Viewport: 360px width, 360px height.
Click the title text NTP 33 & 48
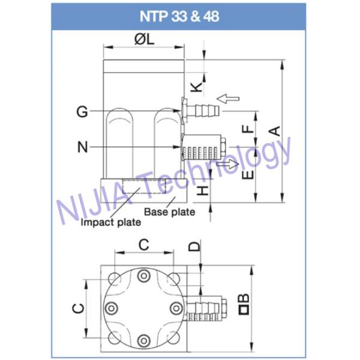(x=180, y=16)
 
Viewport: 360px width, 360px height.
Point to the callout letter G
(x=83, y=111)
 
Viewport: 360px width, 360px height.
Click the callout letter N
(x=83, y=146)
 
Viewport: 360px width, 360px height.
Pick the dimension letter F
(x=245, y=129)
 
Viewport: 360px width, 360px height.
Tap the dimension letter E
(x=245, y=174)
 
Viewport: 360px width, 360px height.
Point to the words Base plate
(x=170, y=211)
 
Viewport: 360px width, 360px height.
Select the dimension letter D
(x=194, y=246)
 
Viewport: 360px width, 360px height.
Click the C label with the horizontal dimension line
(x=143, y=244)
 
